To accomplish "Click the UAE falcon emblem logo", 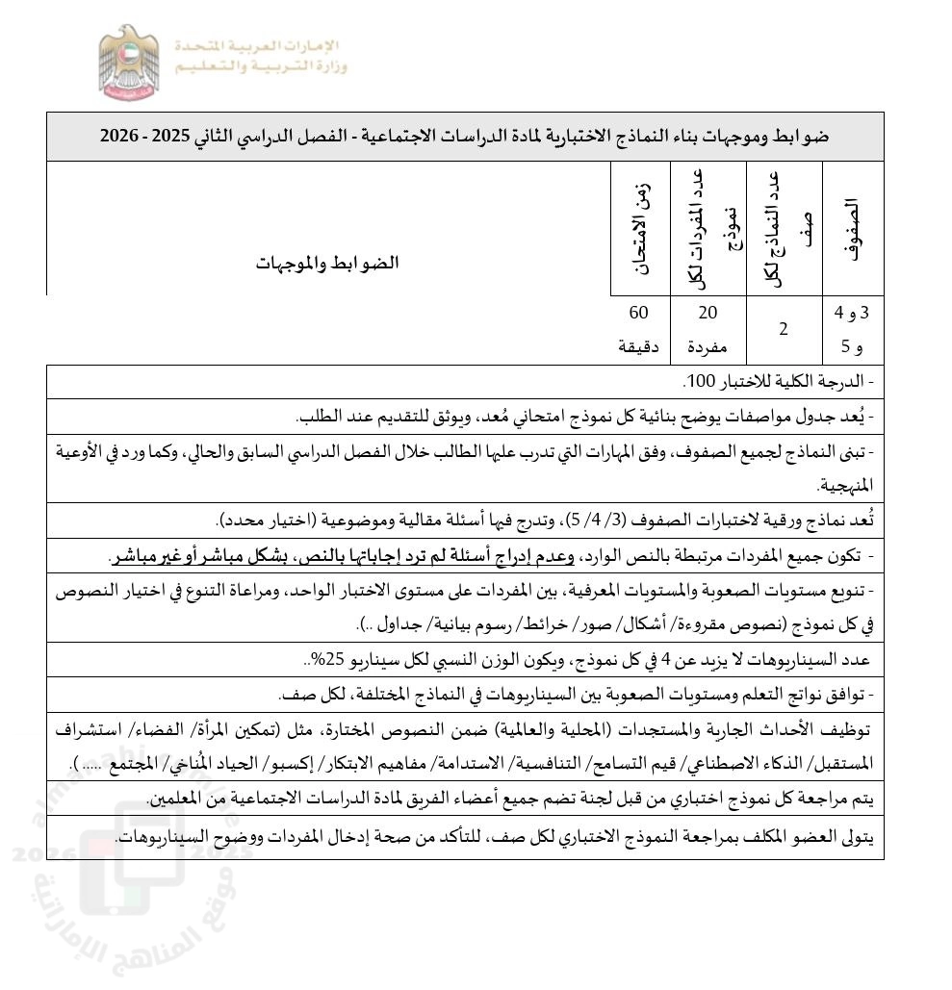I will click(129, 63).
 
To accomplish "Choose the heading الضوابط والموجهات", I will click(327, 263).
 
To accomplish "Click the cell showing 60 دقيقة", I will click(638, 329).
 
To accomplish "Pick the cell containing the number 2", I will click(784, 329).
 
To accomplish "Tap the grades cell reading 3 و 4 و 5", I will click(850, 329).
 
